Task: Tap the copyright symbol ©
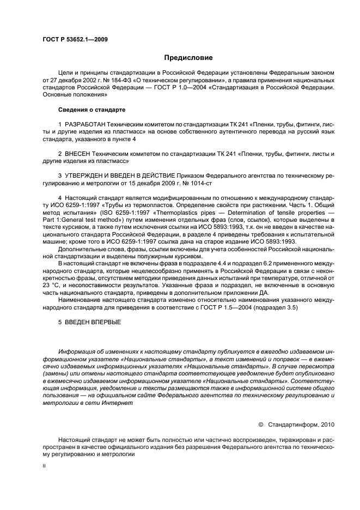pos(260,424)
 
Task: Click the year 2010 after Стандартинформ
pos(331,424)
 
